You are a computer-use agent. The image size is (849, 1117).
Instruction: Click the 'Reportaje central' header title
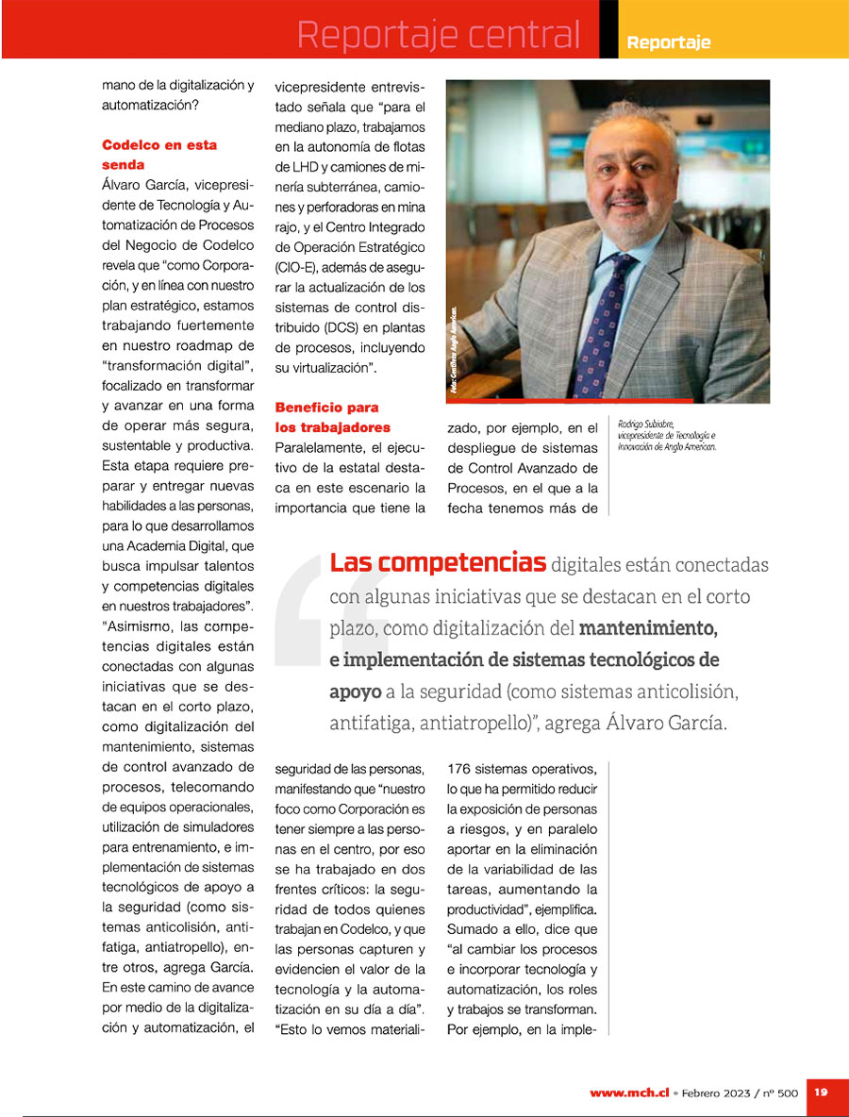439,35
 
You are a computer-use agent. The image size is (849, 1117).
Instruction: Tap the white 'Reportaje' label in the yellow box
669,42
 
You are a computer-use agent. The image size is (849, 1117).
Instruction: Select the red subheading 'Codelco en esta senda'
159,155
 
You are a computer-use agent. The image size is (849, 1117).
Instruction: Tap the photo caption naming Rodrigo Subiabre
668,435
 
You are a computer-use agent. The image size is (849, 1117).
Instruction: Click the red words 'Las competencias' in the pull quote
438,563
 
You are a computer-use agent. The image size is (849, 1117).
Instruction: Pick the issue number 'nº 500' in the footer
781,1092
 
